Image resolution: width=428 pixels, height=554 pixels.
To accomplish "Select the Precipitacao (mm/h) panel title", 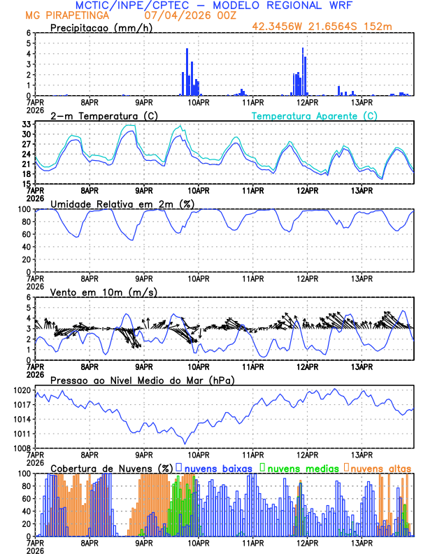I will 100,27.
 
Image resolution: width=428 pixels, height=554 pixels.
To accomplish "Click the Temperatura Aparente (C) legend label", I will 315,115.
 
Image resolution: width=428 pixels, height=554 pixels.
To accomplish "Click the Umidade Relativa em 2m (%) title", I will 121,204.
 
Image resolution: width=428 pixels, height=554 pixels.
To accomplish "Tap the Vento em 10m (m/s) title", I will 94,292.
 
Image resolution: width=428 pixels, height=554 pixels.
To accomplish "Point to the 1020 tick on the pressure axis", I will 22,390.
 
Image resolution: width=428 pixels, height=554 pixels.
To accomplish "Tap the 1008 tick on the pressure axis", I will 22,448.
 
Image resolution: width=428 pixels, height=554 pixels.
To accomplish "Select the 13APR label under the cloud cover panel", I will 361,542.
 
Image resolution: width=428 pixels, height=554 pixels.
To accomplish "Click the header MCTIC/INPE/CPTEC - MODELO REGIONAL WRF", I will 213,5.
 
